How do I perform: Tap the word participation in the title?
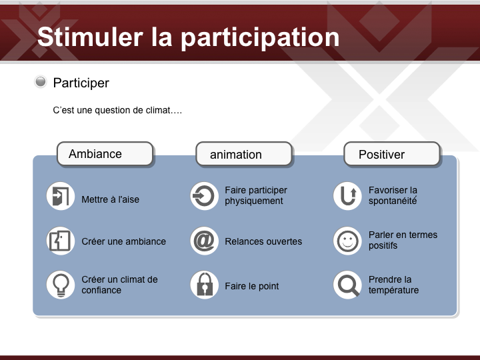[260, 38]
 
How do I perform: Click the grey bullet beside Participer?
[41, 82]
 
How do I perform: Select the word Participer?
[81, 83]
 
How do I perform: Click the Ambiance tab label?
[95, 154]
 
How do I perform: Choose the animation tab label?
[236, 155]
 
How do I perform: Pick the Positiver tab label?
[381, 155]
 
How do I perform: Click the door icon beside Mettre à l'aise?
[61, 196]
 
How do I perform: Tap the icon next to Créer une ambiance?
[61, 241]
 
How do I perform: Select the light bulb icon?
[61, 285]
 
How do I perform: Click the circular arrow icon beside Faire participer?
[204, 196]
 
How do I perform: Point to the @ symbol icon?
[204, 241]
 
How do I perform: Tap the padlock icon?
[204, 285]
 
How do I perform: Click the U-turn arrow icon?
[347, 196]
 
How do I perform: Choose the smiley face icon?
[347, 241]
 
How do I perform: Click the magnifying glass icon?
[347, 285]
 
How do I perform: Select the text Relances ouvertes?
[263, 241]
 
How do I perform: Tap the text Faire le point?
[251, 286]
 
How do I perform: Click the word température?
[393, 290]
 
